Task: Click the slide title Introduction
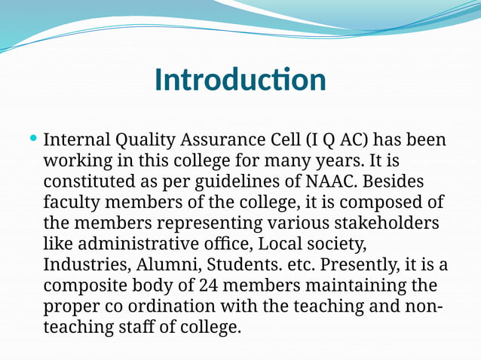tap(240, 80)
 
